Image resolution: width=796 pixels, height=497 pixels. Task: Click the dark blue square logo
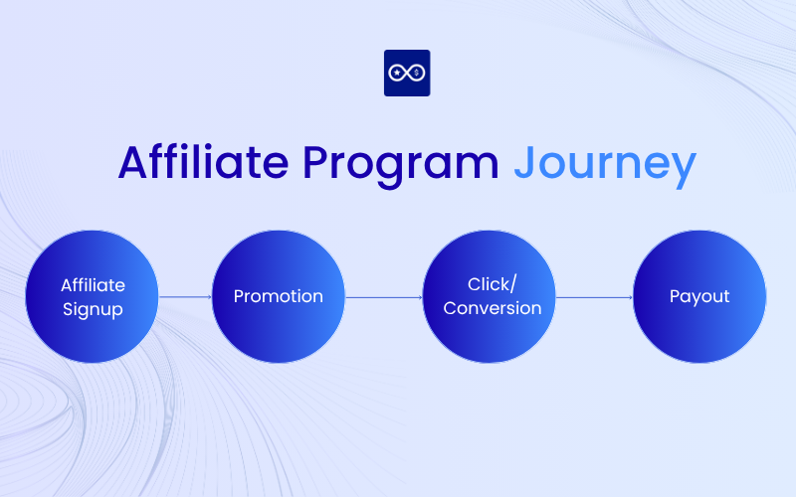tap(407, 73)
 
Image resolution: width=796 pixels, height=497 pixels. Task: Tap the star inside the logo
tap(398, 73)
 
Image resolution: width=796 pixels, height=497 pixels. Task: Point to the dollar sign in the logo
tap(416, 73)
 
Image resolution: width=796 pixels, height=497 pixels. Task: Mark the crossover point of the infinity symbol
tap(407, 73)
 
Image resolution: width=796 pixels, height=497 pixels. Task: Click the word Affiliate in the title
tap(204, 162)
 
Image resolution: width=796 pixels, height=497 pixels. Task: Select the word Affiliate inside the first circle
tap(93, 284)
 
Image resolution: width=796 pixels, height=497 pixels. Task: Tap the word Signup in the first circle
tap(93, 309)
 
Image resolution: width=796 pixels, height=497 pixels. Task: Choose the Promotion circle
tap(279, 296)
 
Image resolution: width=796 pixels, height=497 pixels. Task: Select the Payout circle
tap(699, 296)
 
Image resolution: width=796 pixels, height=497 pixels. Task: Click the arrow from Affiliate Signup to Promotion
tap(185, 296)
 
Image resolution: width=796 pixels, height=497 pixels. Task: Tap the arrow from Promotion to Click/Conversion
tap(383, 296)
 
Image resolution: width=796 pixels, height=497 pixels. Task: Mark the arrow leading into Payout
tap(594, 296)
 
